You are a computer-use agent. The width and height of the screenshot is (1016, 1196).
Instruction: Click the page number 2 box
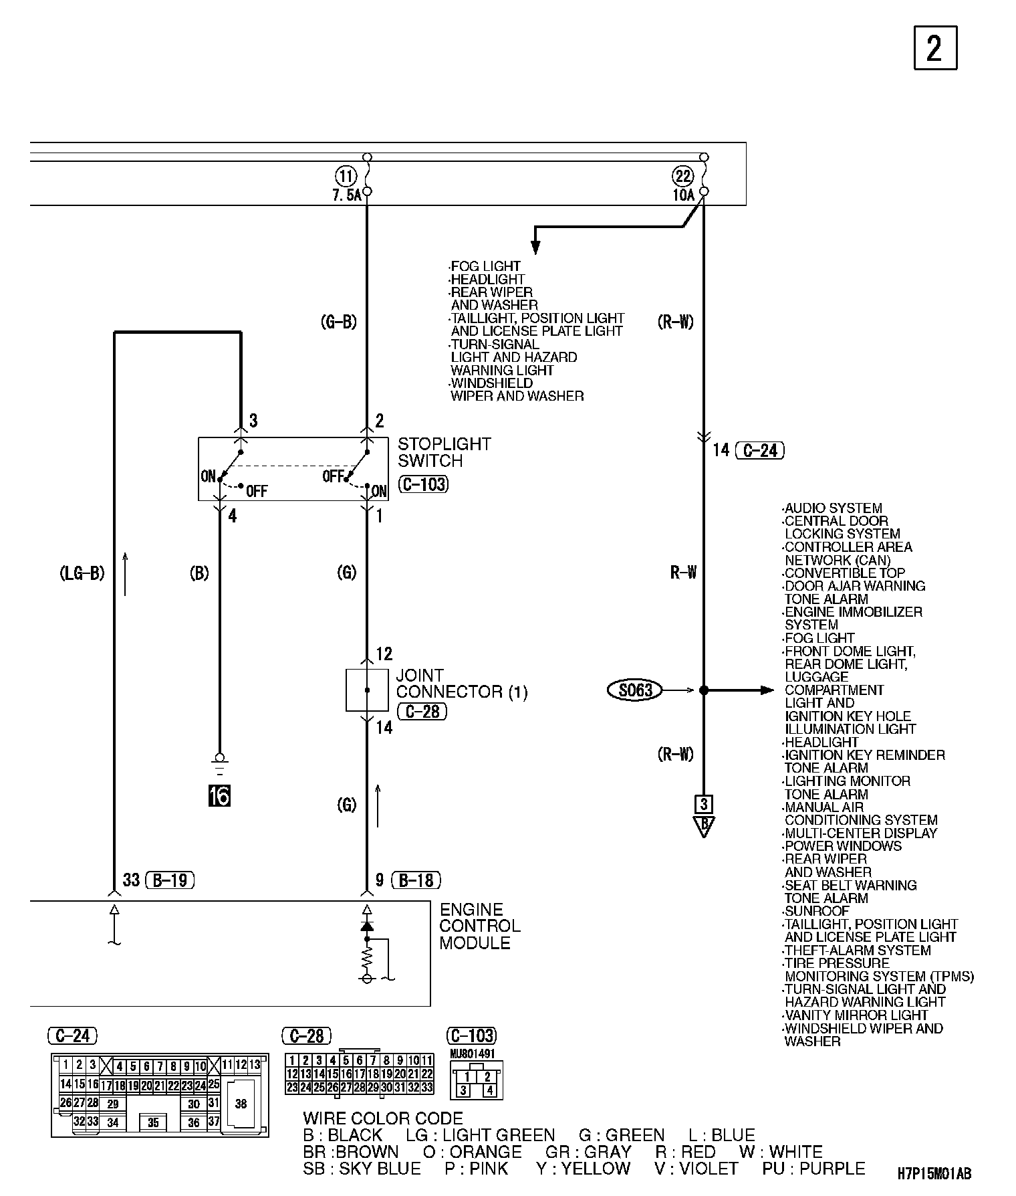[935, 47]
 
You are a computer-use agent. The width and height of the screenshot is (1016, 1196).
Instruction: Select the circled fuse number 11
[346, 177]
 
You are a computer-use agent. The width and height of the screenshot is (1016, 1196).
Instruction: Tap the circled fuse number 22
[683, 177]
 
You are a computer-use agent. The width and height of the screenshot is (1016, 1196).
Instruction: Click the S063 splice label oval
[634, 690]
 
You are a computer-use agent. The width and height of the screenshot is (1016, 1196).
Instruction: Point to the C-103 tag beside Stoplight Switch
[423, 484]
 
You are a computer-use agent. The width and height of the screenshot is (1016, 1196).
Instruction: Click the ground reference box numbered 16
[219, 796]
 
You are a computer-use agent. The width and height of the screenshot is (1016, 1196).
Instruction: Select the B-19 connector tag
[170, 880]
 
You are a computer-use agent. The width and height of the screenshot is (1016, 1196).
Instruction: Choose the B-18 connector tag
[416, 880]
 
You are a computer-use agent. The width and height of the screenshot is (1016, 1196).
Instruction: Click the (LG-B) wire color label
[82, 573]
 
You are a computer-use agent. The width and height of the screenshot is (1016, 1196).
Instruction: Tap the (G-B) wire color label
[339, 322]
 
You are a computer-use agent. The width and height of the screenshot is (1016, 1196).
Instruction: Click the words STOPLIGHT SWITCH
[444, 452]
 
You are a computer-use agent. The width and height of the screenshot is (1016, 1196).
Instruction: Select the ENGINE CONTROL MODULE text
[479, 926]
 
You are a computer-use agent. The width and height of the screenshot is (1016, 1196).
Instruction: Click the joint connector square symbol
[366, 690]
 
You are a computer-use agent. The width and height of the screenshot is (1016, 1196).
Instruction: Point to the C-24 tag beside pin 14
[759, 450]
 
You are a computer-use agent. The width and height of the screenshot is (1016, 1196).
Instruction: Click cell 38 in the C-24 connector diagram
[241, 1104]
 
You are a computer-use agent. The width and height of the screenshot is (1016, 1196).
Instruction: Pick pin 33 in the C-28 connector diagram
[427, 1088]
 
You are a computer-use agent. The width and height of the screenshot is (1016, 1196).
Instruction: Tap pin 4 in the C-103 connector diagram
[489, 1091]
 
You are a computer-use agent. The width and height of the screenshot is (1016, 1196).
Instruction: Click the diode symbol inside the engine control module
[366, 926]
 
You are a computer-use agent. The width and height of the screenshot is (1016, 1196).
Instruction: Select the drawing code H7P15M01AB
[934, 1173]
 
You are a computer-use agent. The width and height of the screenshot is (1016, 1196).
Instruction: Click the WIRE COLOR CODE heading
[382, 1118]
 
